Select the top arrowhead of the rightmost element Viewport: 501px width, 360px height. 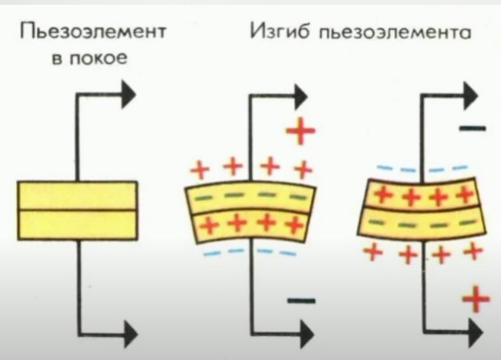click(x=470, y=93)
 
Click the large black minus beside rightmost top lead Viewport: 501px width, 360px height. click(x=472, y=129)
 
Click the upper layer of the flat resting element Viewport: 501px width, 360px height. click(x=77, y=195)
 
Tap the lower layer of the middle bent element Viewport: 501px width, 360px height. click(x=250, y=224)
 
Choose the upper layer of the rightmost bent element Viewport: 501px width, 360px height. click(x=421, y=195)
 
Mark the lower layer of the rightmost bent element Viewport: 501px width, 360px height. click(x=421, y=224)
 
